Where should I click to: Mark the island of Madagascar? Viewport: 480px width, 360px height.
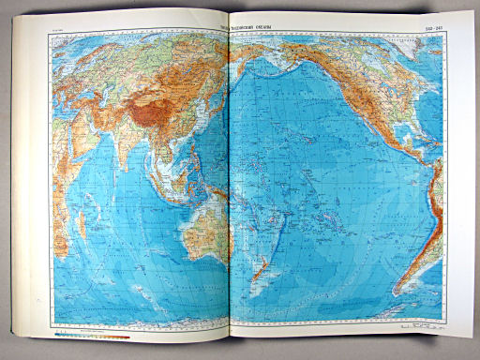point(82,223)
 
